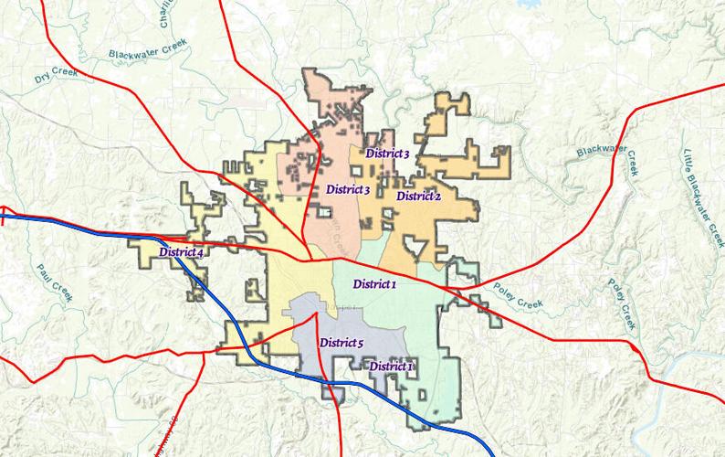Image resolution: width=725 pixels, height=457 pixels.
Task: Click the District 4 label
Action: (x=180, y=252)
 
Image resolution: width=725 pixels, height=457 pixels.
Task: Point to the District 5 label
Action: (x=341, y=343)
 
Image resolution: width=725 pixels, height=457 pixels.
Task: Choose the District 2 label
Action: (x=419, y=196)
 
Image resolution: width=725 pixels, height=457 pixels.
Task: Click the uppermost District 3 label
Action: (x=387, y=154)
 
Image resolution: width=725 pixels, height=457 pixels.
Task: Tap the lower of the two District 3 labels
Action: (x=347, y=189)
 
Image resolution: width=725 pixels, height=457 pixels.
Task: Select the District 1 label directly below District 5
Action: (x=391, y=366)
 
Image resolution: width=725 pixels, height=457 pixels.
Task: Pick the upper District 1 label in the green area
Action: (x=374, y=283)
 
